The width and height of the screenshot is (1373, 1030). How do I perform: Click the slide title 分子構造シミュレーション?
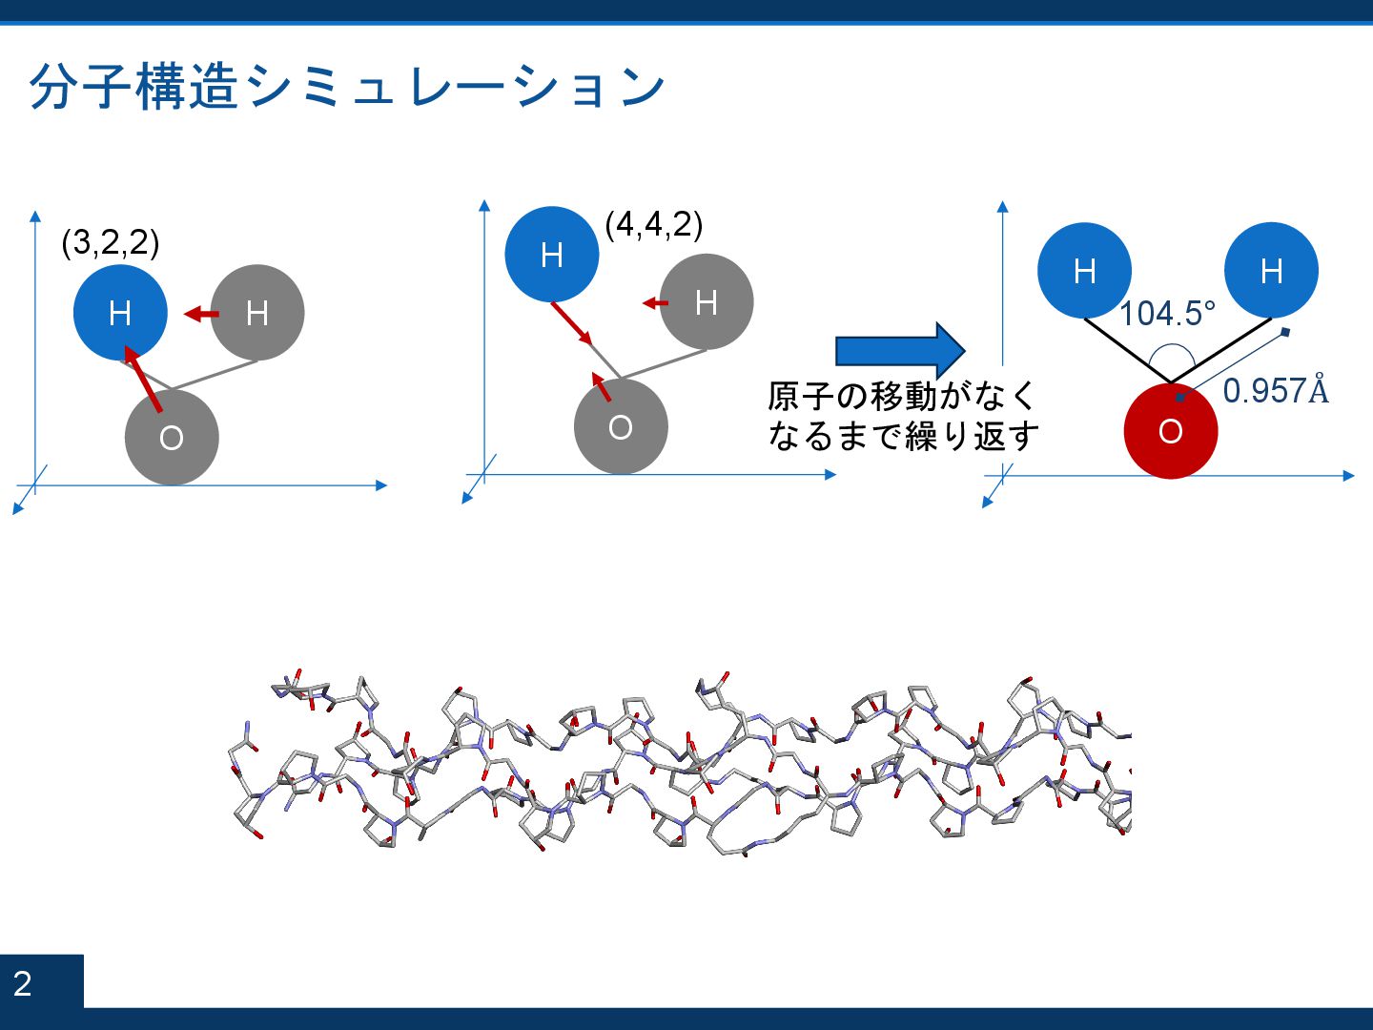click(x=347, y=87)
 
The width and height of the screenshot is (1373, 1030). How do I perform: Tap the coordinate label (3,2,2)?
click(x=110, y=242)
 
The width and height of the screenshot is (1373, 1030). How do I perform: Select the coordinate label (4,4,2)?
click(x=654, y=224)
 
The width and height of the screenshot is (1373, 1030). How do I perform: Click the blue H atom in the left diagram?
click(x=120, y=312)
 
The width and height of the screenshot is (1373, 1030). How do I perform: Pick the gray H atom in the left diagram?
click(x=257, y=312)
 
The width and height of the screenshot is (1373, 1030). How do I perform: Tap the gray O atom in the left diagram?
click(x=172, y=437)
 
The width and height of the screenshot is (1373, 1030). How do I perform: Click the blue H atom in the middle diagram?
click(x=551, y=255)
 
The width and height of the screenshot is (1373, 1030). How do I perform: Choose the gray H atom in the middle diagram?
click(x=707, y=301)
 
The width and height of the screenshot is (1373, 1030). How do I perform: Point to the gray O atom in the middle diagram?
click(x=621, y=426)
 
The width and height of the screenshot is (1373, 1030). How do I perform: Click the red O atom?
click(x=1171, y=431)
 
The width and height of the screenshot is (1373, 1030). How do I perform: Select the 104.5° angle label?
click(x=1167, y=313)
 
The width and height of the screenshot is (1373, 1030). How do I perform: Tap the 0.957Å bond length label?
click(x=1275, y=390)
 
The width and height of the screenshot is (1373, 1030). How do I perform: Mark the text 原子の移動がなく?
click(x=902, y=395)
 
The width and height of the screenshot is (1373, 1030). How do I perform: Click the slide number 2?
click(x=23, y=982)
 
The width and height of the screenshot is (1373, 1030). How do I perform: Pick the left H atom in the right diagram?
click(x=1084, y=271)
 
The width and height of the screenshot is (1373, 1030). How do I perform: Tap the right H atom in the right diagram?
click(x=1271, y=271)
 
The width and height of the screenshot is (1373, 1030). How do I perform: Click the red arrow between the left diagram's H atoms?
click(x=201, y=313)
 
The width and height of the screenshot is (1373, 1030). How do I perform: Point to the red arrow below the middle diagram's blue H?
click(x=573, y=323)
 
